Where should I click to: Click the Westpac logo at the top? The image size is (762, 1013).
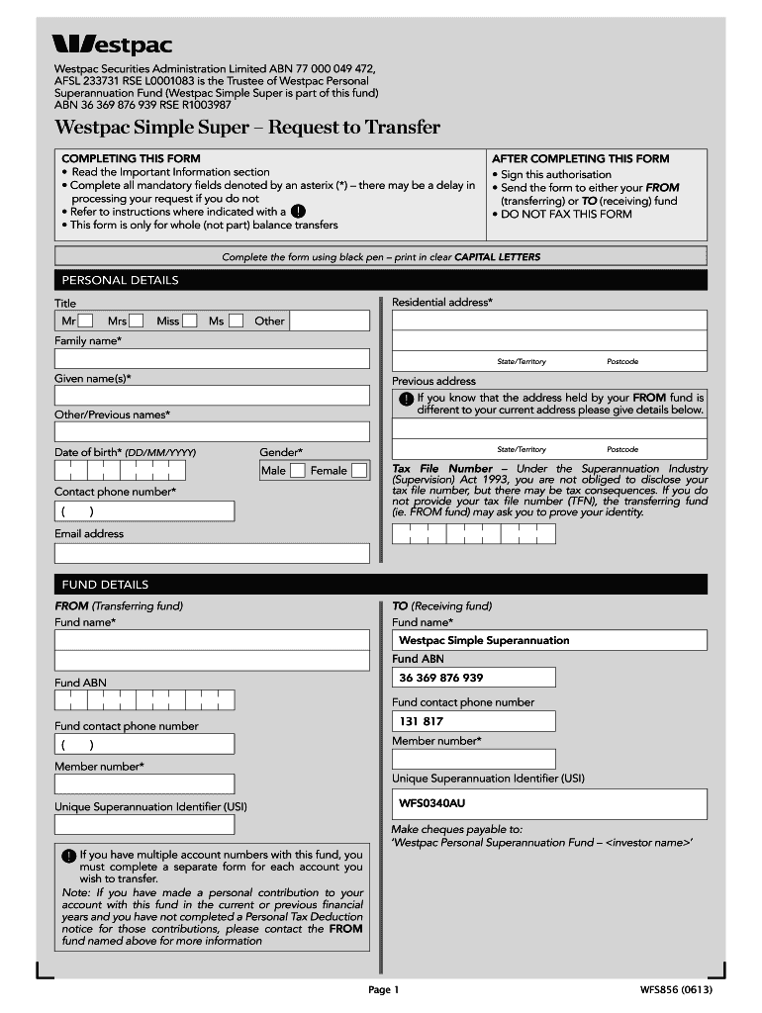pos(112,45)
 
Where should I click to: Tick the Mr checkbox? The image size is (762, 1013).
pos(86,321)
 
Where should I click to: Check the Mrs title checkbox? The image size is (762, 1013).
pos(137,321)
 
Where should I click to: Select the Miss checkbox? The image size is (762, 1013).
pos(189,321)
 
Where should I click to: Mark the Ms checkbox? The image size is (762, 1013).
pos(236,321)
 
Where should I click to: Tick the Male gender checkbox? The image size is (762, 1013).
pos(297,471)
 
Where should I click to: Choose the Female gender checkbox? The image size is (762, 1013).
pos(358,471)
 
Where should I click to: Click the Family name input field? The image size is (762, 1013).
pos(212,358)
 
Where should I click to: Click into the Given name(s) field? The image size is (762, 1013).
pos(212,395)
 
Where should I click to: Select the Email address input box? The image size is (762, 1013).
pos(212,553)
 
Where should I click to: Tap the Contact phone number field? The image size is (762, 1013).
pos(144,511)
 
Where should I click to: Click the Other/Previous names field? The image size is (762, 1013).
pos(212,431)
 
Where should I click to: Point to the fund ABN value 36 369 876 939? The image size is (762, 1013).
pos(441,678)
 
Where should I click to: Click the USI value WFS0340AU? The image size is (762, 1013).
pos(432,803)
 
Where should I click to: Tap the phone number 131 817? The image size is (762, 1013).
pos(422,721)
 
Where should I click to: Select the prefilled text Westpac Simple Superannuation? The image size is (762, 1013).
pos(484,640)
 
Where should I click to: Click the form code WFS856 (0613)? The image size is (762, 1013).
pos(676,989)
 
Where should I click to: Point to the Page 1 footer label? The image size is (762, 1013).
pos(383,989)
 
